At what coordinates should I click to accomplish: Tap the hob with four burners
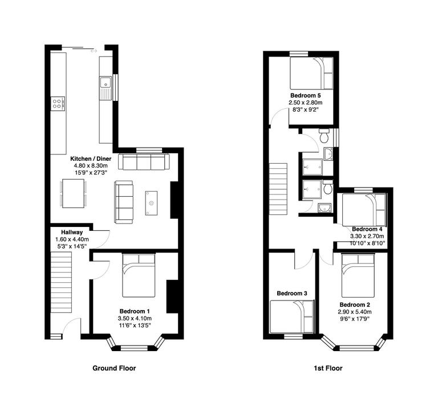(58, 103)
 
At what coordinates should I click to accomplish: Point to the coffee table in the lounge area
(152, 202)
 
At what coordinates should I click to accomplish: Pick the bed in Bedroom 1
(138, 275)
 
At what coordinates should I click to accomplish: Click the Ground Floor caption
(114, 368)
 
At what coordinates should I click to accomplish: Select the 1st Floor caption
(328, 368)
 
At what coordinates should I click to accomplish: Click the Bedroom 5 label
(305, 95)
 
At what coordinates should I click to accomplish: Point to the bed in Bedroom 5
(310, 72)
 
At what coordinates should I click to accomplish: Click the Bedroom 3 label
(292, 293)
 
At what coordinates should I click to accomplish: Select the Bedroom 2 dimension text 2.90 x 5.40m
(355, 312)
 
